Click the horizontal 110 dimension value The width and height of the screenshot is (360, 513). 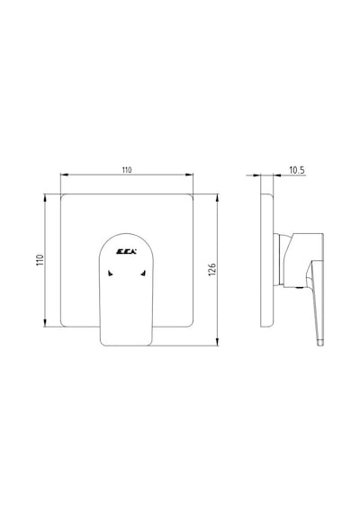tap(127, 170)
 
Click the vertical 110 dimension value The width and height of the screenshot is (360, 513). tap(40, 260)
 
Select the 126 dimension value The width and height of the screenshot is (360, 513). tap(212, 269)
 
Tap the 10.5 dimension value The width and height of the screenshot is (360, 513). tap(297, 170)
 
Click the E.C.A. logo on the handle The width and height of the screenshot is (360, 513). tap(127, 252)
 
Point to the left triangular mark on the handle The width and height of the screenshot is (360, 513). tap(111, 274)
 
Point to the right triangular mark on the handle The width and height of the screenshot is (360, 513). tap(143, 273)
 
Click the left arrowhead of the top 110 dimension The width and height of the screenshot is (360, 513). tap(64, 175)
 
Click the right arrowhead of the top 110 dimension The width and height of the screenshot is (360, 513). tap(190, 175)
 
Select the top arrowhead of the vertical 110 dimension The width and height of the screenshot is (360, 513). tap(45, 198)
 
